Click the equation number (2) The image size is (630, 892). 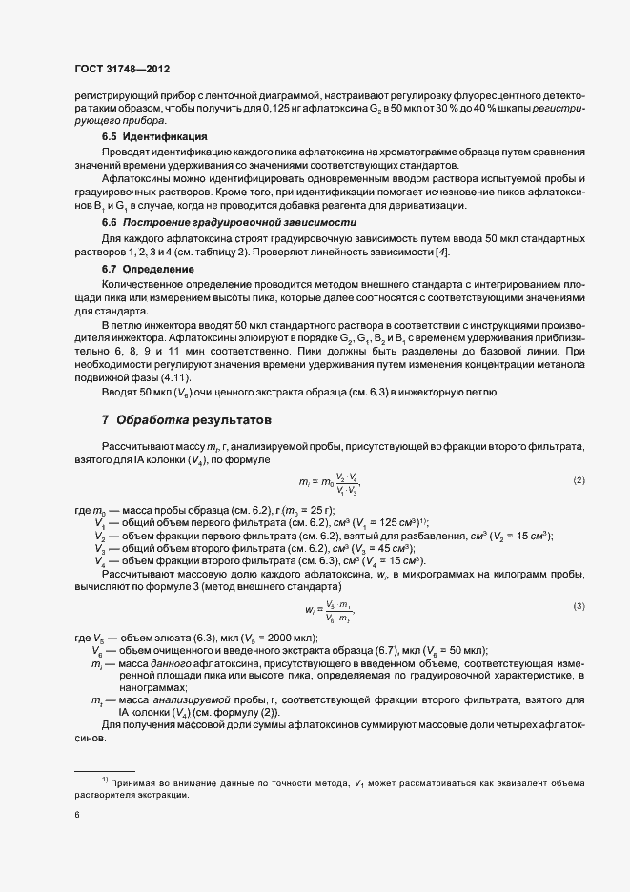coord(579,479)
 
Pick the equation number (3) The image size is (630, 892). coord(579,607)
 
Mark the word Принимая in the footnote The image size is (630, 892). coord(133,781)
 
